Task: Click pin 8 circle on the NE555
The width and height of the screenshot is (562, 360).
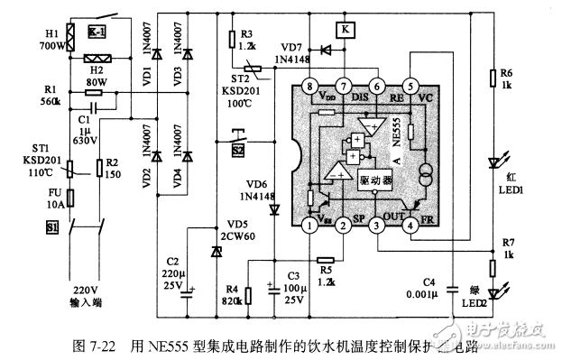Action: (x=309, y=87)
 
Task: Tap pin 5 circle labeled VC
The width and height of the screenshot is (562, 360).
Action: (x=410, y=87)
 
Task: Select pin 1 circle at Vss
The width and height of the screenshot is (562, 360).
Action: (x=309, y=226)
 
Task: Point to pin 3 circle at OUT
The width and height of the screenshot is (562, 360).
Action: (x=376, y=226)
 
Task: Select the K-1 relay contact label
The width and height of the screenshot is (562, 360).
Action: (x=97, y=32)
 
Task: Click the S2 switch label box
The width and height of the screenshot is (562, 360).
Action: (x=238, y=150)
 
